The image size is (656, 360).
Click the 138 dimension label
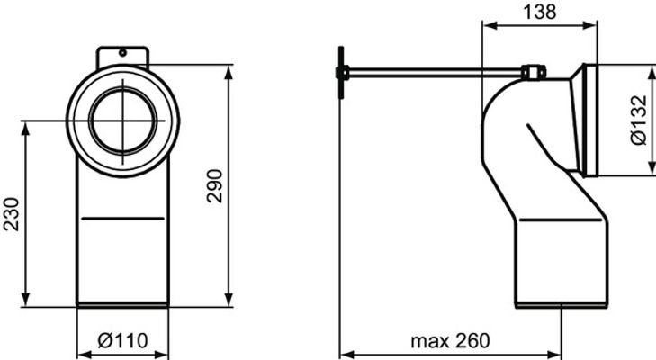tap(540, 12)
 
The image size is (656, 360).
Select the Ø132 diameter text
tap(640, 121)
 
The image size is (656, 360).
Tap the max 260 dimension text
tap(450, 341)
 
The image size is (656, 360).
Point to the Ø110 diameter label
tap(122, 341)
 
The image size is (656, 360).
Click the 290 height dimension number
tap(215, 186)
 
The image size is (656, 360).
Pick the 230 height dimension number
tap(12, 214)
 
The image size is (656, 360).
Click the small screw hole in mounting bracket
tap(122, 53)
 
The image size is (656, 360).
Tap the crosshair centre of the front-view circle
tap(123, 121)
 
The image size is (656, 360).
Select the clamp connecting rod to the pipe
tap(534, 72)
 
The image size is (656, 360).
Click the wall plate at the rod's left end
tap(341, 72)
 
